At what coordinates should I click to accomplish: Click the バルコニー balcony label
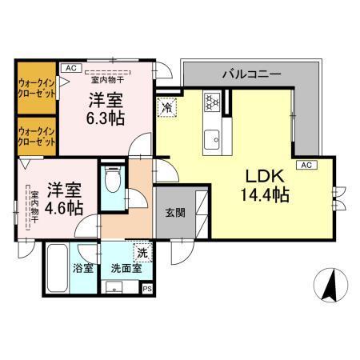251,74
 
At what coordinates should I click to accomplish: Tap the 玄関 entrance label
175,213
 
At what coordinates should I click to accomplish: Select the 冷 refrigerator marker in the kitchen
168,105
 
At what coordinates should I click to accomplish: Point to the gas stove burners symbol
213,102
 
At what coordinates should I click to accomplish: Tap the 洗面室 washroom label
126,268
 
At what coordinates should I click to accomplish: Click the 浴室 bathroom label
83,268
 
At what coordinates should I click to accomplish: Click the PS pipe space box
146,289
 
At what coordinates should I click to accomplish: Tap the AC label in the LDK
305,165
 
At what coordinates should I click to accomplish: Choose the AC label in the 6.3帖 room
70,68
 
